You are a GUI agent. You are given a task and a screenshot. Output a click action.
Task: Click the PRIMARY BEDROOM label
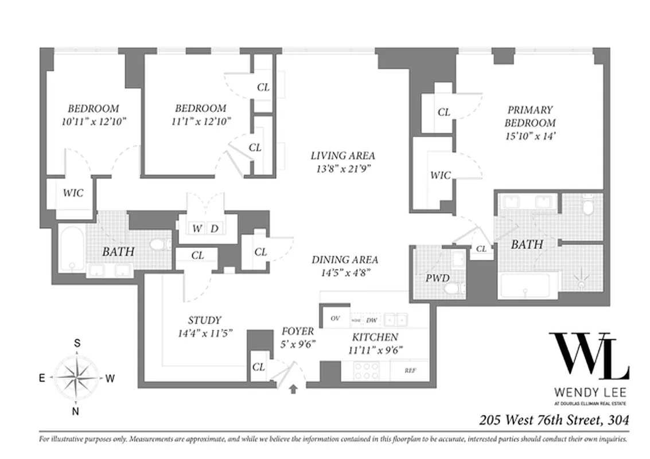[x=530, y=116]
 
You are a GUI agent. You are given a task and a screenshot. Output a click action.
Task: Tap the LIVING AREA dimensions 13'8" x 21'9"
[x=342, y=169]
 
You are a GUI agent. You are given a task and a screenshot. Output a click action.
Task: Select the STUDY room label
[x=204, y=321]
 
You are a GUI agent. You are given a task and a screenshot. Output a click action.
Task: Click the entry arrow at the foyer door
[x=293, y=390]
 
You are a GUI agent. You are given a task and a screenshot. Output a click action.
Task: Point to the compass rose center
[x=76, y=377]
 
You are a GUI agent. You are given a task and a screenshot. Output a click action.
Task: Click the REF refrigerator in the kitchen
[x=410, y=371]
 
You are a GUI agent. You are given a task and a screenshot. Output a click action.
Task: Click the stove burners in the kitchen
[x=365, y=371]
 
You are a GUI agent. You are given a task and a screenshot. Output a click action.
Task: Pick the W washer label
[x=197, y=228]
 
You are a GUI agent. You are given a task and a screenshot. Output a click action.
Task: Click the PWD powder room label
[x=437, y=279]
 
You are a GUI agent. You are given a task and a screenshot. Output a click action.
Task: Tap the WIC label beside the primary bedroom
[x=441, y=176]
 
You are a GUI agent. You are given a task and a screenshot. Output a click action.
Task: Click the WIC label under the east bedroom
[x=72, y=193]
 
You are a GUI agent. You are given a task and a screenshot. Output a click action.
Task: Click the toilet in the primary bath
[x=586, y=205]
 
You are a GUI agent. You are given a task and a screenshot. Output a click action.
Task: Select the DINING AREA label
[x=344, y=260]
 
